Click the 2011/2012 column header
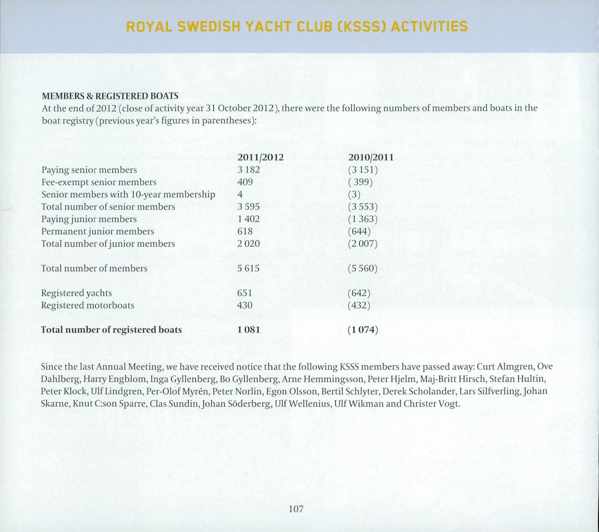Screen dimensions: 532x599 pyautogui.click(x=260, y=158)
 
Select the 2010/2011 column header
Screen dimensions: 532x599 pyautogui.click(x=371, y=158)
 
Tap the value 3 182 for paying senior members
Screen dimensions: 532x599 pyautogui.click(x=249, y=170)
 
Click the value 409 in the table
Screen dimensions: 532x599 pyautogui.click(x=245, y=182)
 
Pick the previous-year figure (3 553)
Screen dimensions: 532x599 pyautogui.click(x=363, y=207)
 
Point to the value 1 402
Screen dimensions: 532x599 pyautogui.click(x=249, y=219)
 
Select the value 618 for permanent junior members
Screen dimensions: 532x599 pyautogui.click(x=245, y=231)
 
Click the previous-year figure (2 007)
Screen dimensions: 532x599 pyautogui.click(x=363, y=244)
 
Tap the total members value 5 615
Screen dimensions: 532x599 pyautogui.click(x=249, y=268)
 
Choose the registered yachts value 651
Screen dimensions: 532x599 pyautogui.click(x=245, y=293)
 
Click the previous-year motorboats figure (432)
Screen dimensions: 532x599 pyautogui.click(x=359, y=305)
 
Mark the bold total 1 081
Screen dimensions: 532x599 pyautogui.click(x=249, y=330)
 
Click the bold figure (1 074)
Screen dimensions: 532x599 pyautogui.click(x=363, y=330)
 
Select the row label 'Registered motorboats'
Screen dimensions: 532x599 pyautogui.click(x=88, y=305)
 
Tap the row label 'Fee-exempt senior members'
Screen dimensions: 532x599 pyautogui.click(x=99, y=182)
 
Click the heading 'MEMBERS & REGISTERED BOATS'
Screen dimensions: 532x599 pyautogui.click(x=110, y=96)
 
